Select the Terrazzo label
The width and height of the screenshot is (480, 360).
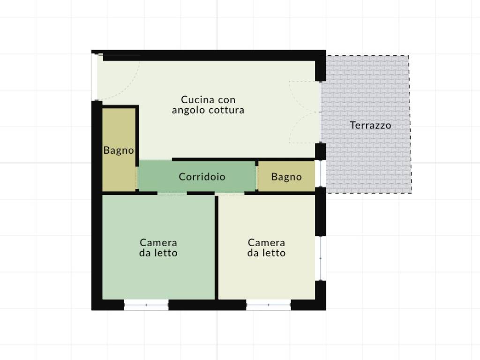click(x=370, y=125)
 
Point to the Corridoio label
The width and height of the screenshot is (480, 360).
click(x=202, y=177)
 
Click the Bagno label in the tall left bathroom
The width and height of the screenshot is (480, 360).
click(x=119, y=150)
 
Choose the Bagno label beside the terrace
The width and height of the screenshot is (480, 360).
click(x=286, y=177)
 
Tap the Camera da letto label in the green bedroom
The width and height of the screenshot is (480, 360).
click(x=158, y=247)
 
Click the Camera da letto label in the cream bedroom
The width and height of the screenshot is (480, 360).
click(x=267, y=247)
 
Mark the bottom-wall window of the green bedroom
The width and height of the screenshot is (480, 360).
click(x=146, y=305)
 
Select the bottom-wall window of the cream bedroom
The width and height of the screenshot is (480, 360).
click(x=269, y=305)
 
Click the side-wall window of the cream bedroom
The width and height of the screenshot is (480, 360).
click(x=321, y=258)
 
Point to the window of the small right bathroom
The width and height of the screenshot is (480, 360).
click(x=320, y=173)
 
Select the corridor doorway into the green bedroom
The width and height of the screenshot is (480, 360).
click(x=172, y=193)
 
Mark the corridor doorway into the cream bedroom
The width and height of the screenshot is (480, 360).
click(x=230, y=194)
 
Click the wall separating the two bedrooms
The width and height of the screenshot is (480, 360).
click(x=217, y=247)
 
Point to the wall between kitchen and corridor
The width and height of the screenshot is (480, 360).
click(x=243, y=159)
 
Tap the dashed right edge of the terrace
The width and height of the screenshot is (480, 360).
click(x=410, y=124)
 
